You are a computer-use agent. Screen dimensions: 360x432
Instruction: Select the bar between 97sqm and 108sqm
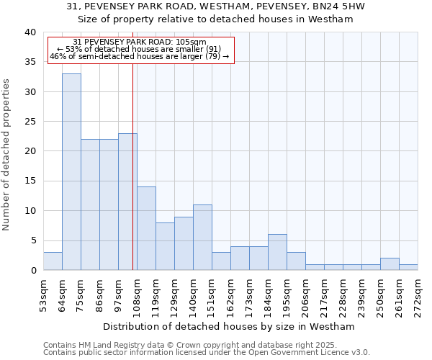click(127, 202)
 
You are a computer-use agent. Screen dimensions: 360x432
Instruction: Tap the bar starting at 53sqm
click(53, 261)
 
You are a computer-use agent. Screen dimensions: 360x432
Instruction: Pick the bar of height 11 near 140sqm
click(202, 238)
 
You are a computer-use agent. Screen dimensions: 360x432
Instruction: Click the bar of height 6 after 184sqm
click(277, 252)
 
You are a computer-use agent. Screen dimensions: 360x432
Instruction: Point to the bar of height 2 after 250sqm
click(390, 264)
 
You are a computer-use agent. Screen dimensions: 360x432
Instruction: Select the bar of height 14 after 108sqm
click(146, 228)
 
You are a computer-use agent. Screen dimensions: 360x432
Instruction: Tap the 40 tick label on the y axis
click(30, 32)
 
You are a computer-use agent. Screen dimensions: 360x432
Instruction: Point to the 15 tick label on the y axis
click(30, 181)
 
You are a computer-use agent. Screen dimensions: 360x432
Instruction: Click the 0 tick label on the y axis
click(32, 270)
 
